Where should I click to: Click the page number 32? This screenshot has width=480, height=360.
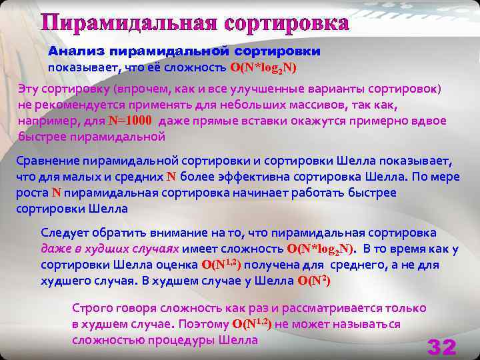[x=441, y=347]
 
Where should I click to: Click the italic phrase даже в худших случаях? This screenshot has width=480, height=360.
[x=109, y=249]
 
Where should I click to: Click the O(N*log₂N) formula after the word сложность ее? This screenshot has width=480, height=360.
[x=263, y=68]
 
